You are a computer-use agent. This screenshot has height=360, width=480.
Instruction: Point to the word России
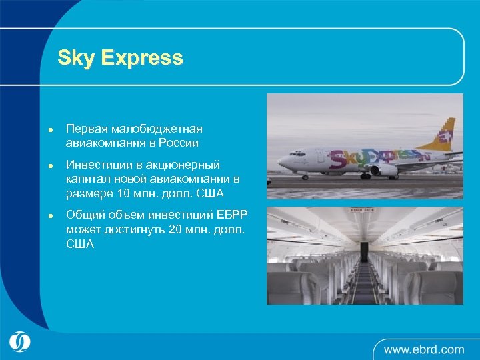(x=180, y=142)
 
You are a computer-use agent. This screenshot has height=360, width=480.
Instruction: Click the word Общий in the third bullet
(x=85, y=215)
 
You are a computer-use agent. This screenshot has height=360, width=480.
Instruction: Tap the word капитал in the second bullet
(x=86, y=179)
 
